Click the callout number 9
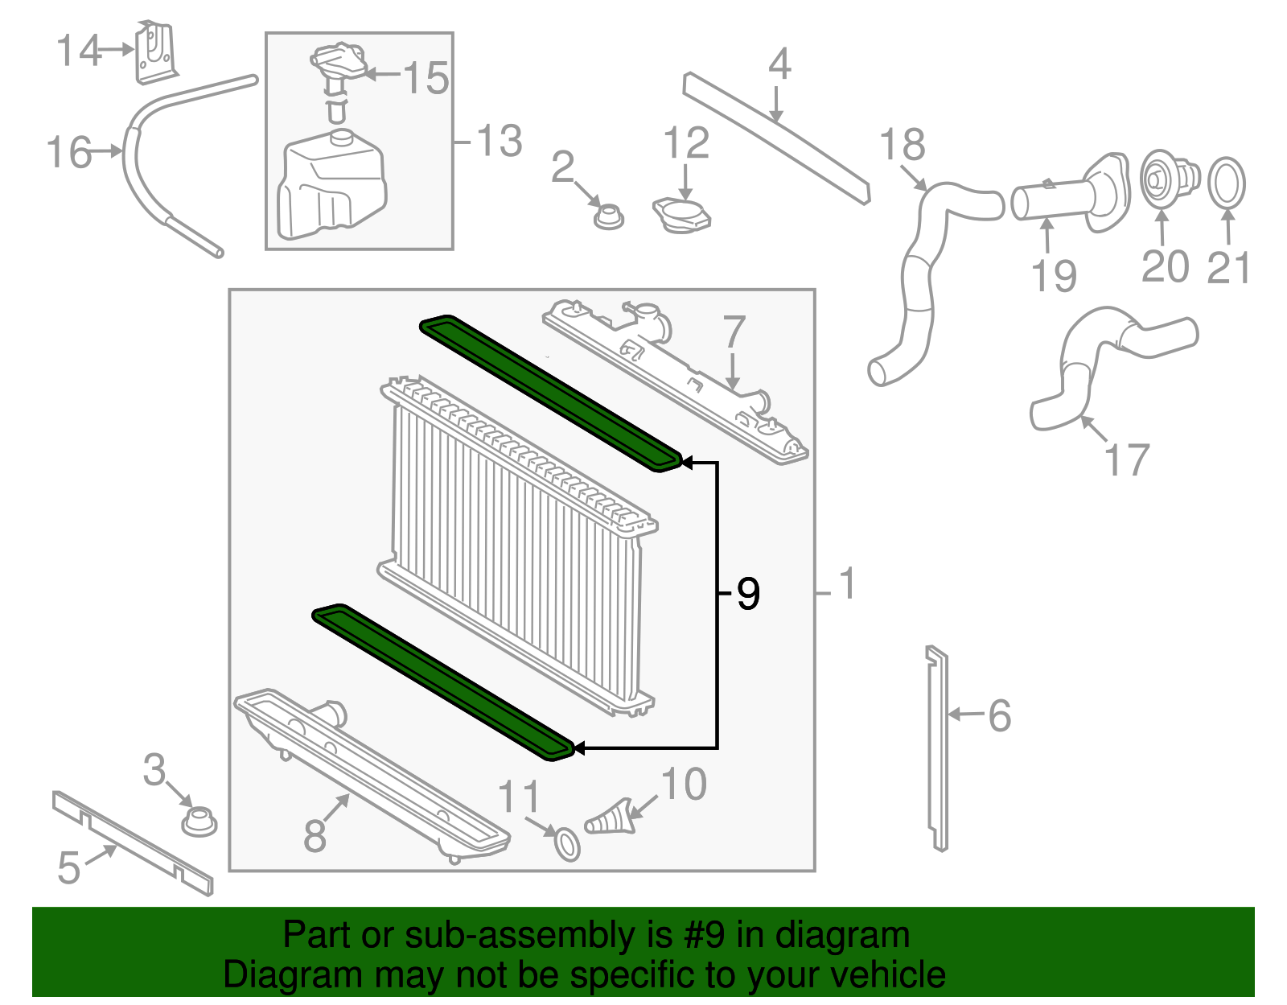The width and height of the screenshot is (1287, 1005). tap(748, 595)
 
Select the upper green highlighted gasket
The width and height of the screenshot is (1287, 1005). tap(551, 392)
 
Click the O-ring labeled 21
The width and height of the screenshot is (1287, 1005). tap(1227, 183)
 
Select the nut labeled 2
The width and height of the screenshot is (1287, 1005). tap(609, 215)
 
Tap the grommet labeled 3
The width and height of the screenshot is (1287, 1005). tap(198, 822)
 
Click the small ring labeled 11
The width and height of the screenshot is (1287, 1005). tap(567, 844)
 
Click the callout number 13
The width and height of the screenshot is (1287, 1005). tap(500, 142)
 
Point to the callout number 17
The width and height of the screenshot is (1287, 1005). tap(1126, 460)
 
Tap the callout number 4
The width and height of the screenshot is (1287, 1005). tap(779, 64)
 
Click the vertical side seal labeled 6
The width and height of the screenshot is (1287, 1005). tap(937, 748)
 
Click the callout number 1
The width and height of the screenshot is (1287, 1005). tap(846, 584)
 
